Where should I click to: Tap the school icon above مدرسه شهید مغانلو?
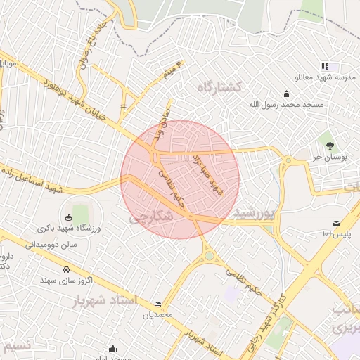pyautogui.click(x=324, y=65)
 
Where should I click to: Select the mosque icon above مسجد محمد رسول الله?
pyautogui.click(x=287, y=94)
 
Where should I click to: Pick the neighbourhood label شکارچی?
pyautogui.click(x=151, y=219)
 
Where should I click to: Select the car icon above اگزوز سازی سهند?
pyautogui.click(x=66, y=269)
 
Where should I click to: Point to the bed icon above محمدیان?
pyautogui.click(x=157, y=304)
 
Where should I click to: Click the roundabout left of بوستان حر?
pyautogui.click(x=287, y=160)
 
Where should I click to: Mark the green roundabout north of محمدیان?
pyautogui.click(x=209, y=257)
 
